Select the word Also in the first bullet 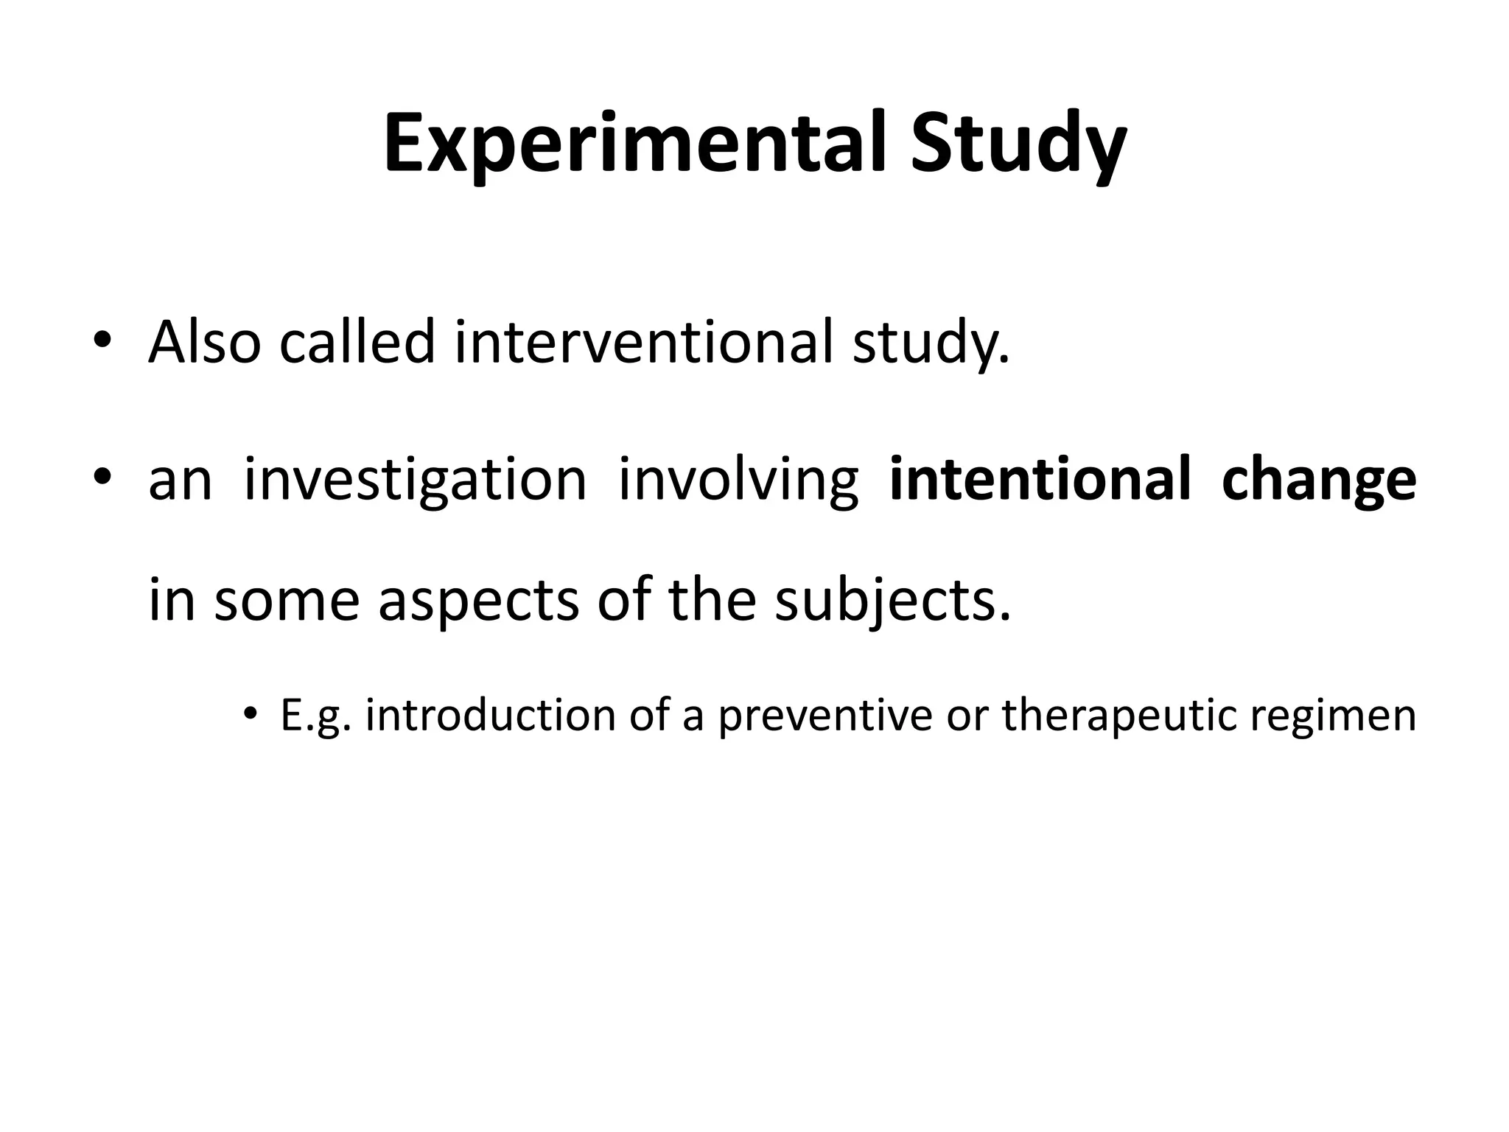(204, 343)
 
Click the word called (357, 343)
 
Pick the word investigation (415, 481)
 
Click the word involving (738, 481)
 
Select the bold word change (1318, 481)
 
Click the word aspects (478, 601)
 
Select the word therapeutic (1118, 716)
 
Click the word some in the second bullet (287, 601)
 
